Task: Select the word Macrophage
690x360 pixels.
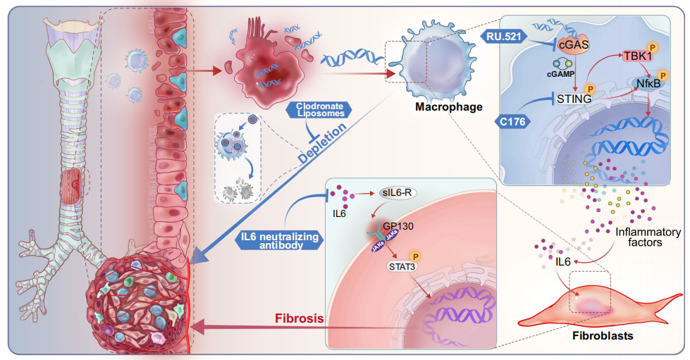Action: click(448, 107)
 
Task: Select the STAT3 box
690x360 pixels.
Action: click(402, 266)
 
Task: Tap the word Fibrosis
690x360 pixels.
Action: click(300, 318)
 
